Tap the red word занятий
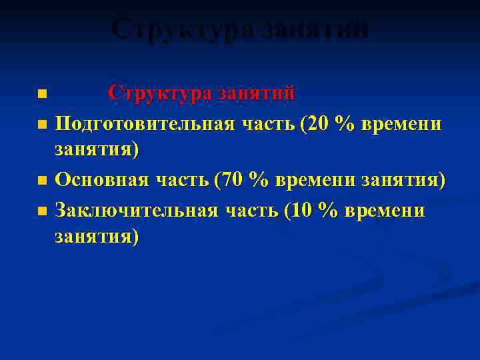pyautogui.click(x=257, y=92)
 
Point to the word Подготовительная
pyautogui.click(x=144, y=123)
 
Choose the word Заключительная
pyautogui.click(x=136, y=210)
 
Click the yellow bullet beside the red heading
pyautogui.click(x=43, y=93)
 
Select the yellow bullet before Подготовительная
pyautogui.click(x=43, y=124)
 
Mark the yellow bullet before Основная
pyautogui.click(x=43, y=181)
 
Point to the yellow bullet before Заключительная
pyautogui.click(x=43, y=211)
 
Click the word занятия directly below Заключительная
pyautogui.click(x=97, y=236)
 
